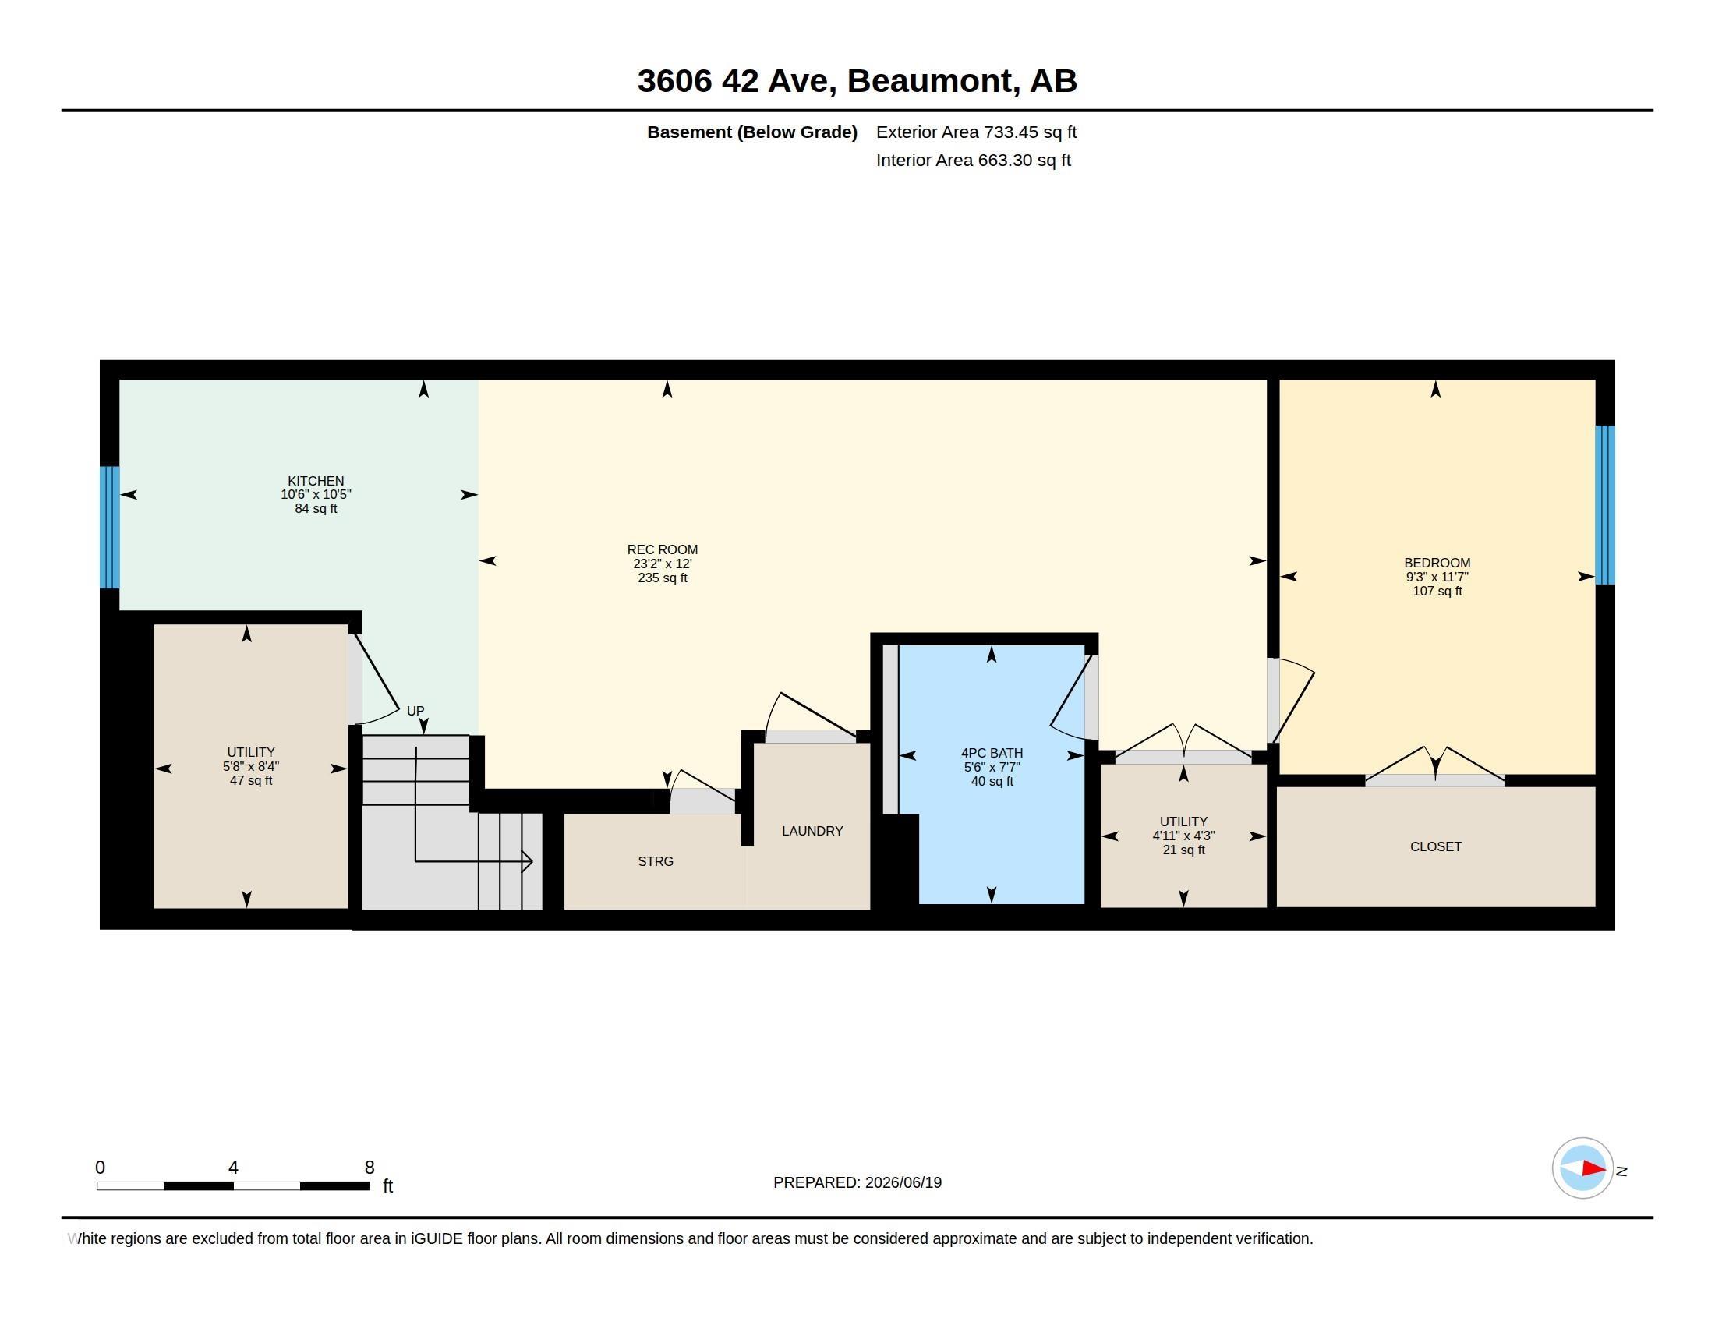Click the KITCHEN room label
316,481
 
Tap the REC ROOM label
662,550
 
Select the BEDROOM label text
1437,563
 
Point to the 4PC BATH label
992,754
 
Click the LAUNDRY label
812,832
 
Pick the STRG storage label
656,862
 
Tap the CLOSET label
1435,847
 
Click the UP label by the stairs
415,711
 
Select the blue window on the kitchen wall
109,528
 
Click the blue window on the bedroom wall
1605,505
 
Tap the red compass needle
1594,1169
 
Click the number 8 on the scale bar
370,1168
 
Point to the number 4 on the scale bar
233,1168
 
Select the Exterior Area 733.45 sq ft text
976,132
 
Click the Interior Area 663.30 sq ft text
973,161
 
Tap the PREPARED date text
857,1183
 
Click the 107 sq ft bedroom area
1437,591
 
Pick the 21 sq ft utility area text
1183,850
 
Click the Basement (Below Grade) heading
751,132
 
